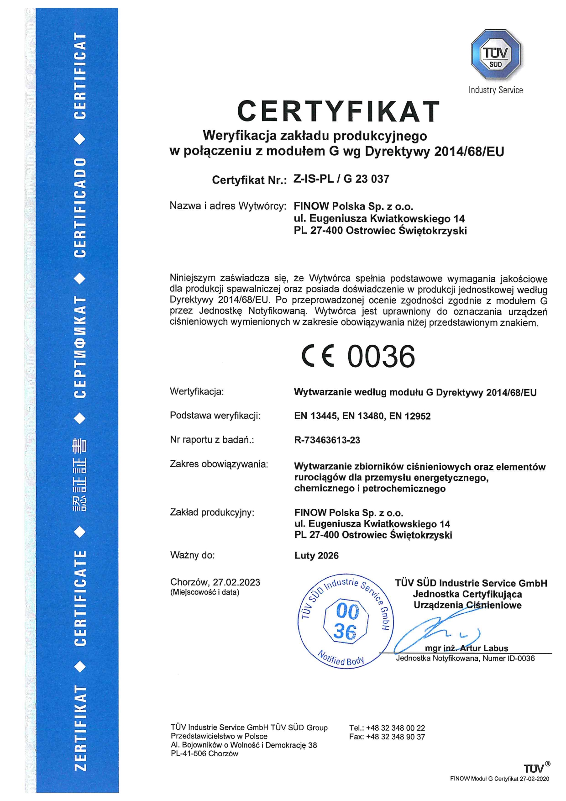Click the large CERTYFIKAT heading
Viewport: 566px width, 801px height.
[338, 111]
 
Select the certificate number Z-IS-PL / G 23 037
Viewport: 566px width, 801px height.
[341, 179]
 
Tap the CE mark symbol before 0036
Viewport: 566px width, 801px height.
[318, 357]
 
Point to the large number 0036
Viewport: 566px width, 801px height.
[381, 357]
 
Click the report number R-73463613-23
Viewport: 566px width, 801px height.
[327, 440]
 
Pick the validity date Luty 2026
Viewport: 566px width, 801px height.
[316, 556]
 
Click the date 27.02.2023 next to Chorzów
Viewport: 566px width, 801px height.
[236, 582]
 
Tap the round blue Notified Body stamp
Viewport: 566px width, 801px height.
[346, 622]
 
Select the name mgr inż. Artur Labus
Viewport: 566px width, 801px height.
[466, 648]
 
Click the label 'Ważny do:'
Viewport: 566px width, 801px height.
[192, 555]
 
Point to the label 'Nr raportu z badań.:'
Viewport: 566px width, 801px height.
[212, 440]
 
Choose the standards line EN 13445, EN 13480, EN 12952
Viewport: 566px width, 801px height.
[362, 416]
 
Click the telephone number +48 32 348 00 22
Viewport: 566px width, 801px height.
[395, 728]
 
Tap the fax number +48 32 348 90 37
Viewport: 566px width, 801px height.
[395, 737]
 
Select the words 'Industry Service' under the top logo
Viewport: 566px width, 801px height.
[496, 90]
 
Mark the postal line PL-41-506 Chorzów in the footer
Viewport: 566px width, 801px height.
[204, 754]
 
